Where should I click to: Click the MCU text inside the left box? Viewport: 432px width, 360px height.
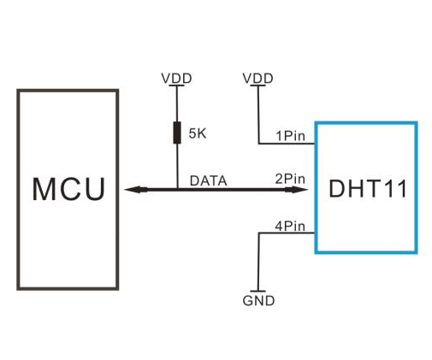(68, 189)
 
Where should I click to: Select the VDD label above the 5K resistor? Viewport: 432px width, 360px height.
(176, 78)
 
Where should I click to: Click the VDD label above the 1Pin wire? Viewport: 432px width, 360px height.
(257, 78)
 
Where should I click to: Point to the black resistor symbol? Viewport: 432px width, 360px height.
(176, 133)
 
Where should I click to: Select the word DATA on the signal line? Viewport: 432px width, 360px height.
(208, 180)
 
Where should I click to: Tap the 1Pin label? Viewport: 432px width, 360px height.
(290, 135)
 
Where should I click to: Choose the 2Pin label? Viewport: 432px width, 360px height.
(290, 179)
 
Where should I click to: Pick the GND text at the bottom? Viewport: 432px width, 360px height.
(258, 301)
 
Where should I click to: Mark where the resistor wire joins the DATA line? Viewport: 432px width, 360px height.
(176, 189)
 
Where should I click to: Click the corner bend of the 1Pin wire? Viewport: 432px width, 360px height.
(258, 144)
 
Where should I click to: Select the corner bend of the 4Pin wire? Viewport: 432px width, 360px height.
(258, 233)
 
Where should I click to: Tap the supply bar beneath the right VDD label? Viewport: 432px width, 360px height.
(257, 86)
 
